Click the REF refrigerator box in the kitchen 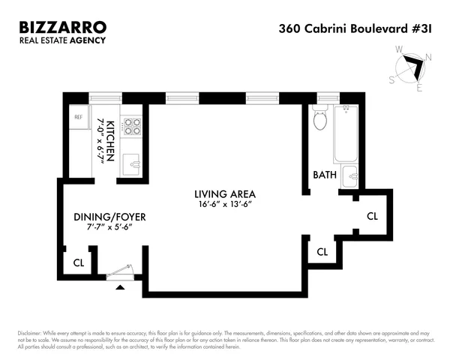coord(77,117)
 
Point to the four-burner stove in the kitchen coord(131,126)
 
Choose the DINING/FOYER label coord(109,217)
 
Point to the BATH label coord(325,175)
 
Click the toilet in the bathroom coord(320,119)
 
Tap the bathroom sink coord(350,177)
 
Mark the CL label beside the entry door coord(78,263)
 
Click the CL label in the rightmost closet coord(372,216)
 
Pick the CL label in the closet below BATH coord(322,252)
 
